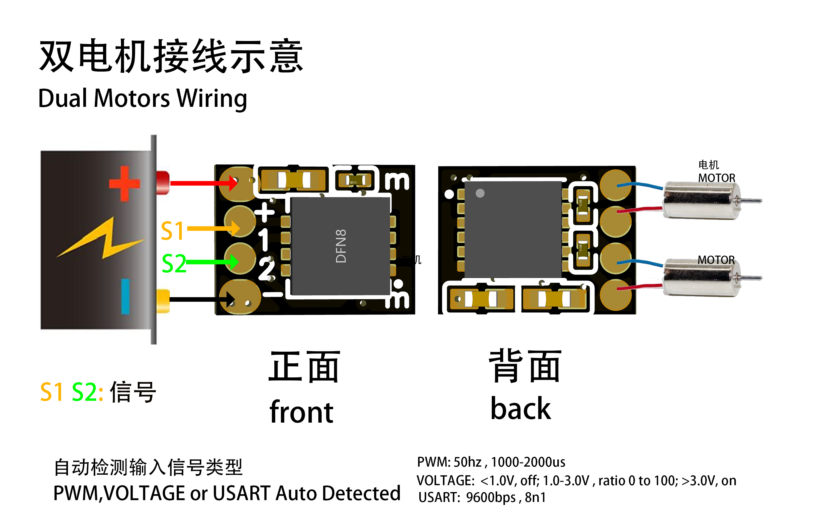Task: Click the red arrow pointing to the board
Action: (202, 183)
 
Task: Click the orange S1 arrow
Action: (212, 228)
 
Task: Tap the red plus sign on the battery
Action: (124, 184)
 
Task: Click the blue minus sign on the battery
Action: (125, 296)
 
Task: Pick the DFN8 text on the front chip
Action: (341, 246)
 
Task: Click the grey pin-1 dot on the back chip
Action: (480, 193)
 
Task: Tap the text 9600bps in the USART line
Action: (491, 497)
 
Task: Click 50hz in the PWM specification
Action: (467, 462)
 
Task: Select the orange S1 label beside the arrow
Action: (172, 231)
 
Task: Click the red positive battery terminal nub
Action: (163, 183)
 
